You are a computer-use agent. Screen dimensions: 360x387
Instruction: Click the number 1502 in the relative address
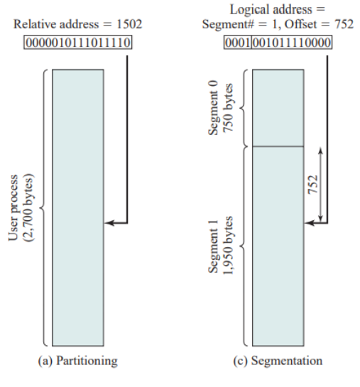[129, 24]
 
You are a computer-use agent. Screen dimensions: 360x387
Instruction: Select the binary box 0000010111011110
[78, 43]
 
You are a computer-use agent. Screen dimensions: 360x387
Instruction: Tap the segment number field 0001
[238, 43]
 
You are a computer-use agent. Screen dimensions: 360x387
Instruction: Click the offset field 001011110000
[292, 43]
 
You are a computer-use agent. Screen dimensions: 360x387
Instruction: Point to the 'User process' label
[13, 208]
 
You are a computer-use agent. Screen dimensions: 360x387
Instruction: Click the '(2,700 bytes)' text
[28, 208]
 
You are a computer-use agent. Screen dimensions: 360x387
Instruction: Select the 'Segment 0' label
[213, 108]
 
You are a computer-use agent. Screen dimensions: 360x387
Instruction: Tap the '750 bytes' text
[228, 108]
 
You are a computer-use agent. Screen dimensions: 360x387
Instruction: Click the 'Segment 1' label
[213, 246]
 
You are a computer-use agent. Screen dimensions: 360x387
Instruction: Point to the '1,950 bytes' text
[228, 245]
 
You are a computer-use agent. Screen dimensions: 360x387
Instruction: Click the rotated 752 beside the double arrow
[313, 185]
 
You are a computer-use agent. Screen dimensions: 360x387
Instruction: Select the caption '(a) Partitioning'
[77, 361]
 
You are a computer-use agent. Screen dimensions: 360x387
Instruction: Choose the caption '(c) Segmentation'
[278, 361]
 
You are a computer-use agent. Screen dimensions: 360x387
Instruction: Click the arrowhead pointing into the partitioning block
[109, 223]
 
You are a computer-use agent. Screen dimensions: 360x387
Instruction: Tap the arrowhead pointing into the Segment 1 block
[309, 223]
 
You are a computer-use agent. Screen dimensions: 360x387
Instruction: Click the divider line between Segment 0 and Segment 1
[278, 146]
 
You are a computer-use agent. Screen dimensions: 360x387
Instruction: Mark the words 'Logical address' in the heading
[271, 10]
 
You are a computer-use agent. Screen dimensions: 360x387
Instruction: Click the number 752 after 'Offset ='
[344, 24]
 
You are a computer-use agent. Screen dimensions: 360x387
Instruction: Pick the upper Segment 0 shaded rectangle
[278, 108]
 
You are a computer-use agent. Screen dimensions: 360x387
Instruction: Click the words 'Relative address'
[56, 24]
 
